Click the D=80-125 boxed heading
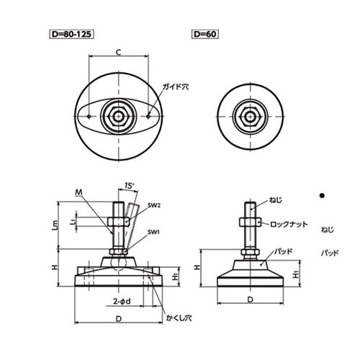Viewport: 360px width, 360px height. tap(71, 34)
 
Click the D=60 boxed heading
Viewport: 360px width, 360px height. tap(205, 34)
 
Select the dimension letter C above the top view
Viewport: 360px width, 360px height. tap(119, 52)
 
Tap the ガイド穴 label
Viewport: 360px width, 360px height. tap(176, 86)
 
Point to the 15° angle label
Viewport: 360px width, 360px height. tap(129, 186)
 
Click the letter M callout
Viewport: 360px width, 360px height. tap(78, 192)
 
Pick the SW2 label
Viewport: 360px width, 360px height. tap(154, 205)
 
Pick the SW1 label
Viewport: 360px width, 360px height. tap(153, 232)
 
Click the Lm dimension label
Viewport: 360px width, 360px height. tap(55, 225)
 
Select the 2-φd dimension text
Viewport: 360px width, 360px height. tap(122, 301)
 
